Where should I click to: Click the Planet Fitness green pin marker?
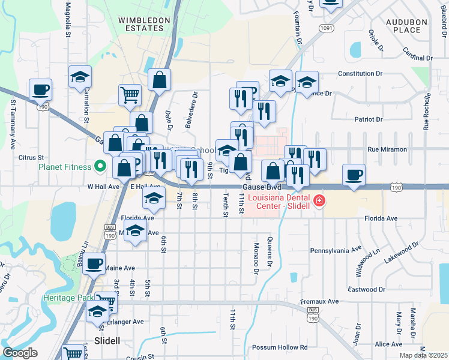pyautogui.click(x=100, y=166)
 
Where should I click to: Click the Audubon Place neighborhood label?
pyautogui.click(x=406, y=26)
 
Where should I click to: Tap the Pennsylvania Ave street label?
pyautogui.click(x=336, y=249)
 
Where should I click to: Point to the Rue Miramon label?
pyautogui.click(x=387, y=149)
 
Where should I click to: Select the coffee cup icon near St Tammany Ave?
pyautogui.click(x=40, y=89)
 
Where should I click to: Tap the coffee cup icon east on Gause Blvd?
pyautogui.click(x=354, y=175)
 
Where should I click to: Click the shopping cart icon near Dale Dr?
pyautogui.click(x=130, y=94)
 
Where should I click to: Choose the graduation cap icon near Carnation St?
pyautogui.click(x=79, y=77)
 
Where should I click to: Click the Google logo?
pyautogui.click(x=20, y=353)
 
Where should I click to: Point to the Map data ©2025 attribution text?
pyautogui.click(x=423, y=355)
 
